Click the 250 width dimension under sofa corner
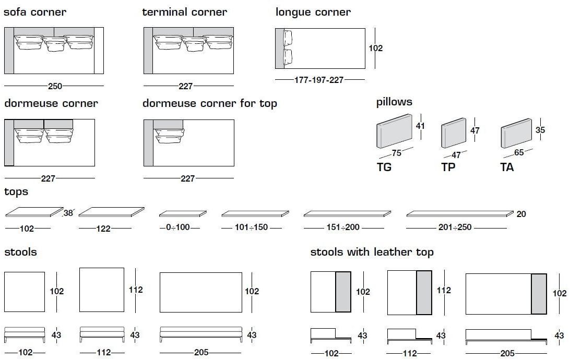pyautogui.click(x=55, y=87)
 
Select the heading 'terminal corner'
pyautogui.click(x=185, y=12)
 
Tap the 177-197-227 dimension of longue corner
pyautogui.click(x=319, y=80)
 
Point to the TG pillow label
pyautogui.click(x=384, y=167)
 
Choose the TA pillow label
pyautogui.click(x=507, y=167)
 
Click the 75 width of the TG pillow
pyautogui.click(x=396, y=153)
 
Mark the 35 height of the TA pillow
pyautogui.click(x=540, y=130)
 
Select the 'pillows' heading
pyautogui.click(x=394, y=102)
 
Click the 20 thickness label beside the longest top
pyautogui.click(x=521, y=214)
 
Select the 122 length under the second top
pyautogui.click(x=103, y=229)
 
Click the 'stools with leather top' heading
pyautogui.click(x=372, y=253)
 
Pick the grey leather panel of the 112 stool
pyautogui.click(x=424, y=293)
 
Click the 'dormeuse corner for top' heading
pyautogui.click(x=210, y=103)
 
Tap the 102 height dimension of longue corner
pyautogui.click(x=376, y=48)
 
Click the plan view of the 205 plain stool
pyautogui.click(x=201, y=292)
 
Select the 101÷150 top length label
pyautogui.click(x=252, y=228)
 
